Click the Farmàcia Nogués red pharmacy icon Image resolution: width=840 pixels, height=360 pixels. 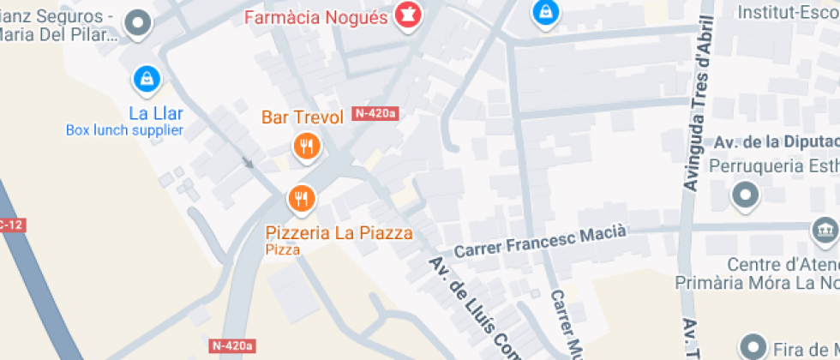coord(406,15)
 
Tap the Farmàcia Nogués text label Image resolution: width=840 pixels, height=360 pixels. coord(316,17)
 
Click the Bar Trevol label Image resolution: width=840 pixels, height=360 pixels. coord(303,117)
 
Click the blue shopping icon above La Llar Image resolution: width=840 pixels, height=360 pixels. coord(147,80)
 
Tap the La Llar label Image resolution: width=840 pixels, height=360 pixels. coord(156,113)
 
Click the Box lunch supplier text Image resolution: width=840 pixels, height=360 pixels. coord(124,130)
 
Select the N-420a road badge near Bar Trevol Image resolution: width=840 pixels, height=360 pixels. coord(376,113)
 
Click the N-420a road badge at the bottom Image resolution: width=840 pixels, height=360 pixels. coord(231,345)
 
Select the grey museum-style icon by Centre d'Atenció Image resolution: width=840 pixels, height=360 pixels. coord(824,231)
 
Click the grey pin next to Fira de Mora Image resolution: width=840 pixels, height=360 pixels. coord(753,346)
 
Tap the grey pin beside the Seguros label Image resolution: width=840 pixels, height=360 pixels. coord(137,24)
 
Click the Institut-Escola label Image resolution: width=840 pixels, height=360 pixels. coord(789,13)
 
